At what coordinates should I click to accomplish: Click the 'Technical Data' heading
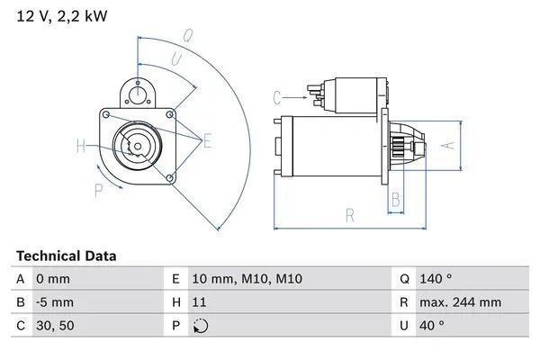[x=66, y=256]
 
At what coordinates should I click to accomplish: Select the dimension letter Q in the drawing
[x=188, y=36]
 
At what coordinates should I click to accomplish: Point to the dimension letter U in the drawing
[x=175, y=58]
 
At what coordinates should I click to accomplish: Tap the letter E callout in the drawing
[x=207, y=140]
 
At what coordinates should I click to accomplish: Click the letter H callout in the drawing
[x=81, y=146]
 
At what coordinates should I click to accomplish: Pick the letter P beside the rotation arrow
[x=98, y=189]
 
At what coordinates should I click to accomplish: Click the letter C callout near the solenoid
[x=277, y=96]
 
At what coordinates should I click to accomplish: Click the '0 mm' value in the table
[x=52, y=280]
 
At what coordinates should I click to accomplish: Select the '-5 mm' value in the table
[x=55, y=302]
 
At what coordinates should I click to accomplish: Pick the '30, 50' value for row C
[x=55, y=325]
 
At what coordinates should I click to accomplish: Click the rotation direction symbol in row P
[x=201, y=326]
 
